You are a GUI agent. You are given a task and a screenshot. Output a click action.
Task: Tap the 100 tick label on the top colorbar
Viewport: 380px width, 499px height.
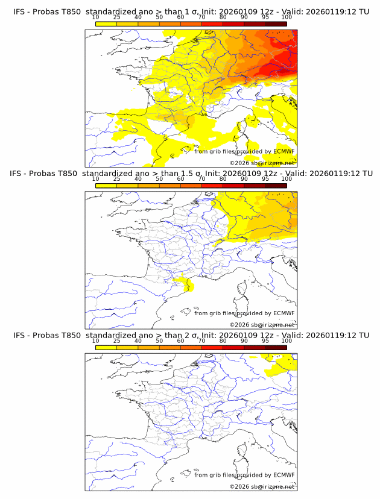coord(287,17)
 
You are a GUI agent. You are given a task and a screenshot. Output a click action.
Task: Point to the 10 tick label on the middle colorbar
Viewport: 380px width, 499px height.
coord(95,179)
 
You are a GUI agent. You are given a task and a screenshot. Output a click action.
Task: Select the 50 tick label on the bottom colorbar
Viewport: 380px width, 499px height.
coord(159,341)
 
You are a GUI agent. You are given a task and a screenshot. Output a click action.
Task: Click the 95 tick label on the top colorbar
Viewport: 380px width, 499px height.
coord(265,17)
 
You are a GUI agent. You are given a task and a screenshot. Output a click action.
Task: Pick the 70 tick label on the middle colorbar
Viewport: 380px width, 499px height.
coord(201,179)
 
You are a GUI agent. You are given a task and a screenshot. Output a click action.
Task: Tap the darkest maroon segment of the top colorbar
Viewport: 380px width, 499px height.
coord(276,24)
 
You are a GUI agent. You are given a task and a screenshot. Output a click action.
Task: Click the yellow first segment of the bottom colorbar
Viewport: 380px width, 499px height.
coord(106,347)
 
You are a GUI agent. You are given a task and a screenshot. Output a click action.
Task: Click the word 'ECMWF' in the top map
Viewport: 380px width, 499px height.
coord(283,151)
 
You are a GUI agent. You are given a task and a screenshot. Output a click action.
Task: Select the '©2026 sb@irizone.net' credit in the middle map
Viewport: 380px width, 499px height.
coord(262,325)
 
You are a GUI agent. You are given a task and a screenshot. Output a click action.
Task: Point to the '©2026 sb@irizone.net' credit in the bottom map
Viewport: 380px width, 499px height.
coord(262,486)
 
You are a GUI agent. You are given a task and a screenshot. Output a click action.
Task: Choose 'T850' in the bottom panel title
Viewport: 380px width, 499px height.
coord(69,335)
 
